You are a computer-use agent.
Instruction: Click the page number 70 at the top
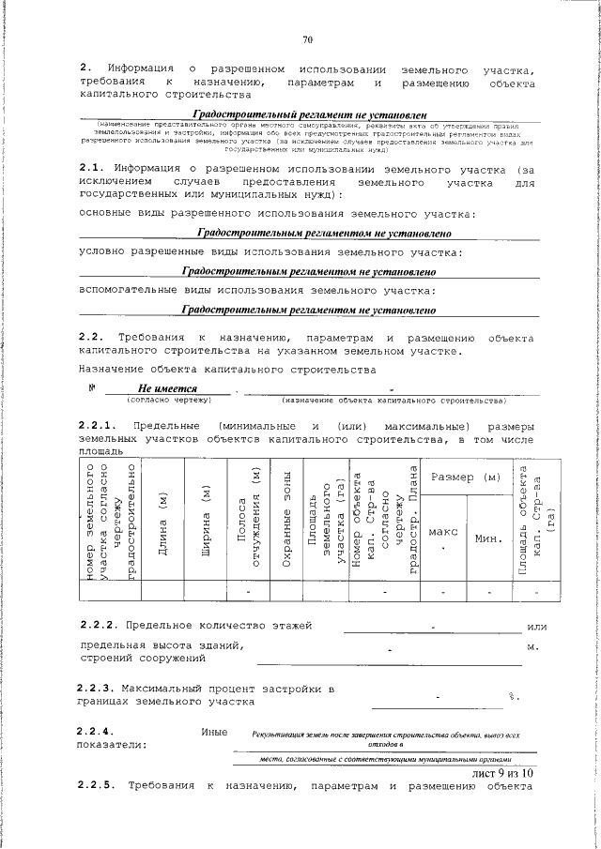click(x=307, y=39)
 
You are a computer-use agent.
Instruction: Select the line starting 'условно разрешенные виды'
click(x=270, y=252)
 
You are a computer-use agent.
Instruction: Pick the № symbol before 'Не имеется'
click(x=92, y=387)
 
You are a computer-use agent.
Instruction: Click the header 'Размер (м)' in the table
click(x=465, y=478)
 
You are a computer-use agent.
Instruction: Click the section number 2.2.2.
click(x=98, y=625)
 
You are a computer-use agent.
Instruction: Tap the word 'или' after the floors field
click(x=537, y=626)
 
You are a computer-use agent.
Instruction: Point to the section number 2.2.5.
click(x=98, y=786)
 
